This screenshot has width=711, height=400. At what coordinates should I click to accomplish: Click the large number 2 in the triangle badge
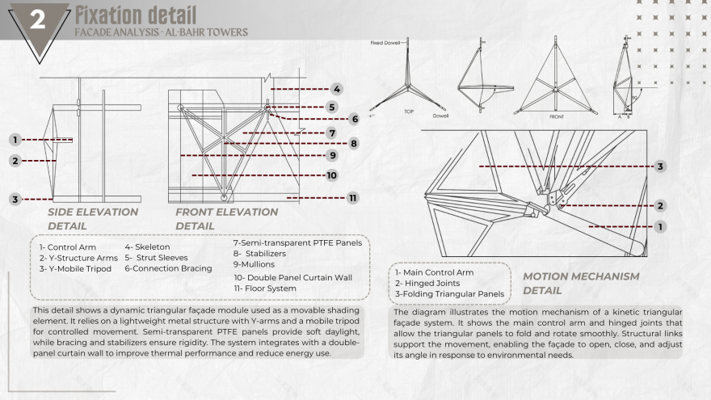click(x=38, y=22)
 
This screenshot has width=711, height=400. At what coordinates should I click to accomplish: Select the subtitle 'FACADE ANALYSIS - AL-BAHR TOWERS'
click(x=161, y=32)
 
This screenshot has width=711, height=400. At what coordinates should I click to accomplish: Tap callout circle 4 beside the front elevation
click(x=336, y=89)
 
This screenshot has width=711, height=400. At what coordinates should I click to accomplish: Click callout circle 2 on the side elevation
click(x=15, y=160)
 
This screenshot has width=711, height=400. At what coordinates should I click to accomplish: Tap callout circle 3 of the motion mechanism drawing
click(x=660, y=166)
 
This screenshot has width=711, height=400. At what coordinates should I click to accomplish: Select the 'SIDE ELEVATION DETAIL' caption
click(x=92, y=218)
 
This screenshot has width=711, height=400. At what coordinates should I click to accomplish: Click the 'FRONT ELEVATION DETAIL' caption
click(x=227, y=218)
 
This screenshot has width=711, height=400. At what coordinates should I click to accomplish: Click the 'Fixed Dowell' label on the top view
click(x=385, y=42)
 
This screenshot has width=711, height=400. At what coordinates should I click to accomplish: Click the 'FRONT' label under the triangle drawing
click(x=557, y=116)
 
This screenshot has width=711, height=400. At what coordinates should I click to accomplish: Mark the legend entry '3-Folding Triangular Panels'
click(x=450, y=293)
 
